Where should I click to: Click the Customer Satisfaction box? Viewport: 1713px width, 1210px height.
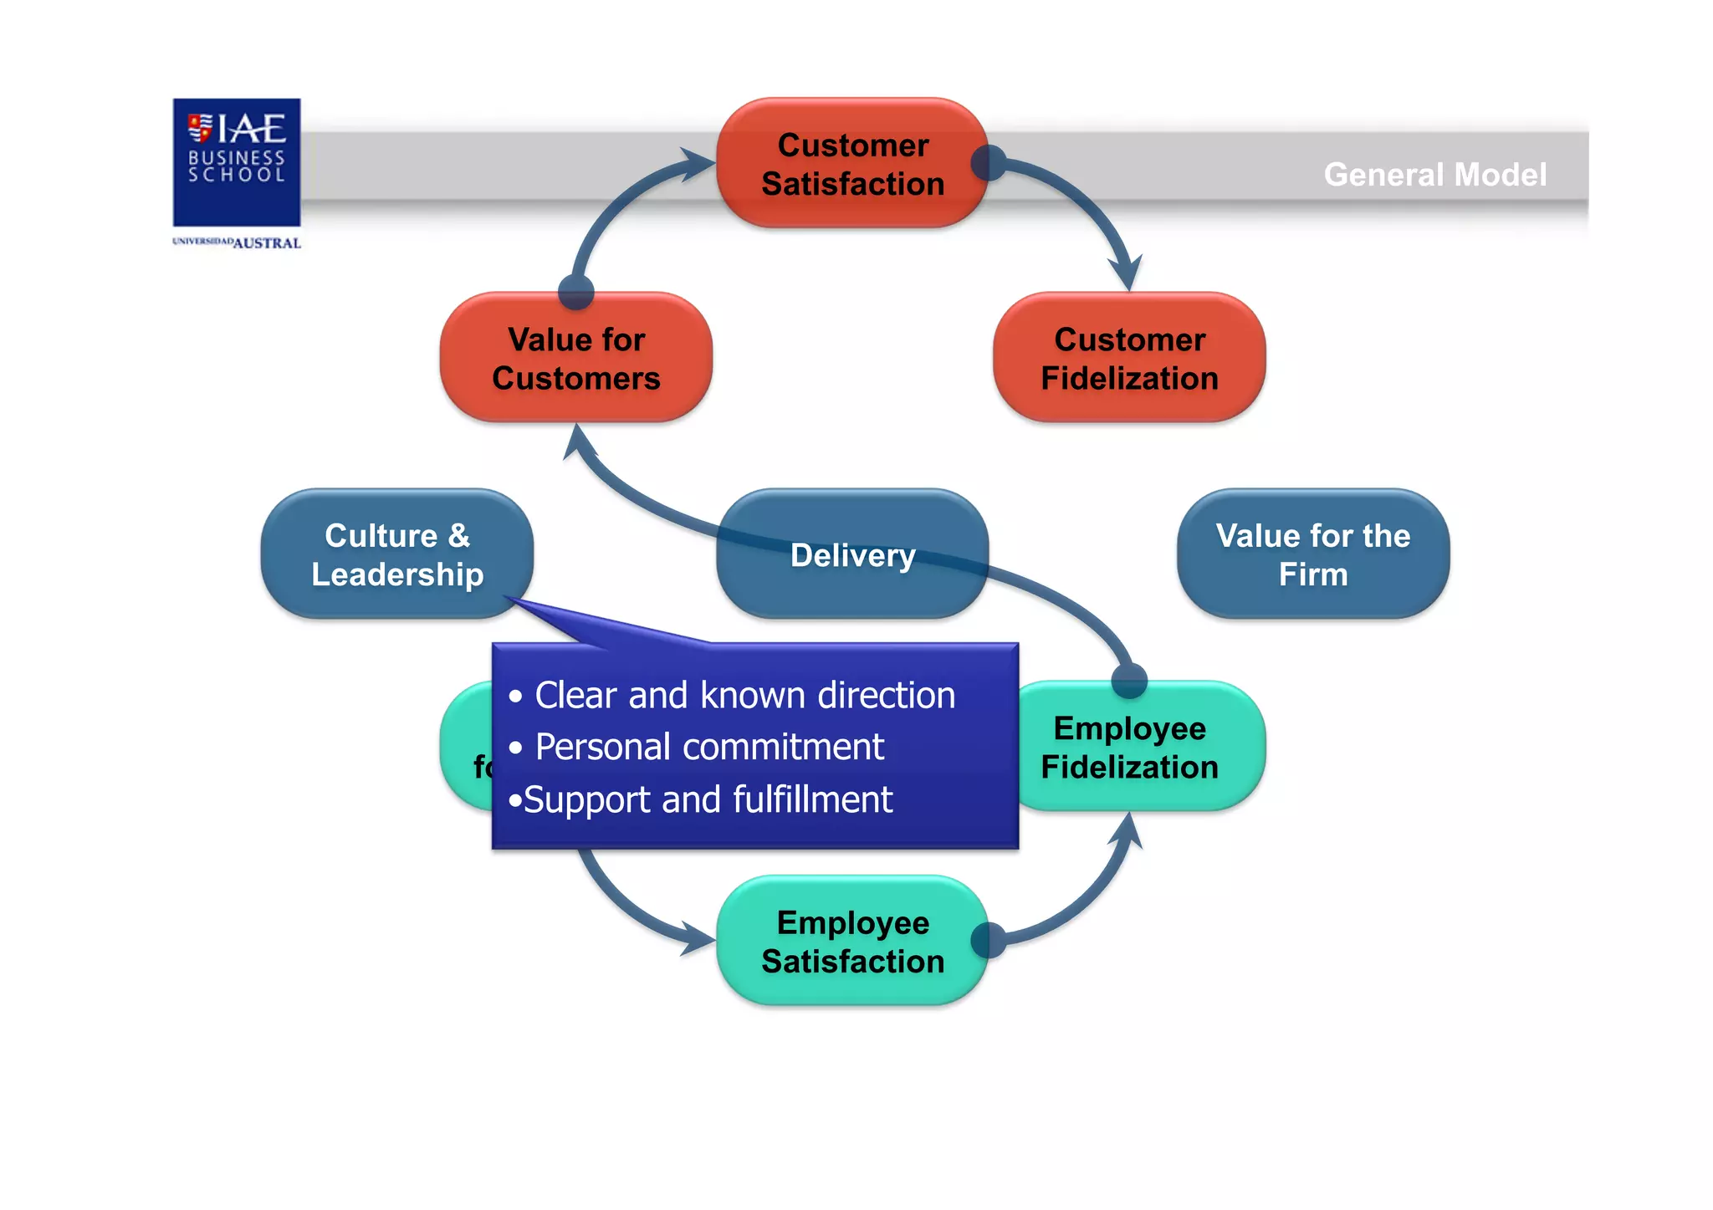[x=852, y=163]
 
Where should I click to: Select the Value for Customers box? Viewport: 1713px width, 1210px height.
[x=575, y=358]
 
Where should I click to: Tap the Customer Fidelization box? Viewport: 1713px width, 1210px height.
[x=1129, y=358]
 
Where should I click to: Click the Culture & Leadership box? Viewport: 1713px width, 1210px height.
[x=396, y=554]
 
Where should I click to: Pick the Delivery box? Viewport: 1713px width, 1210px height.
[x=852, y=554]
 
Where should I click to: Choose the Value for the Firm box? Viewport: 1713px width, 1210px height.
[x=1312, y=554]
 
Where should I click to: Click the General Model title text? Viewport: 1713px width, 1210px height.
[x=1434, y=175]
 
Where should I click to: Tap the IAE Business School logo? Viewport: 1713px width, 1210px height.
[x=237, y=161]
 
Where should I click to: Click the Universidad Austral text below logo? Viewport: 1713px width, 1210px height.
[x=237, y=243]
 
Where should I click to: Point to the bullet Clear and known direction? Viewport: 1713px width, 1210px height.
[x=744, y=695]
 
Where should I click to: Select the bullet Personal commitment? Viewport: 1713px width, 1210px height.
[x=708, y=747]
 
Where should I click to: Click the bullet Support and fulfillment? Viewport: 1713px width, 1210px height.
[x=707, y=799]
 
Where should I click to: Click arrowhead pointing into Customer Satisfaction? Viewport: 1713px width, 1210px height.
[x=698, y=164]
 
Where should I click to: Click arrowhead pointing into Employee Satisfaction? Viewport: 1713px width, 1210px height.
[x=698, y=937]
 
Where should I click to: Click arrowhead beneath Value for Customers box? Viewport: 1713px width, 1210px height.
[x=578, y=441]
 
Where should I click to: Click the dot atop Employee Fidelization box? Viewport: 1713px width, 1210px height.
[x=1129, y=680]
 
